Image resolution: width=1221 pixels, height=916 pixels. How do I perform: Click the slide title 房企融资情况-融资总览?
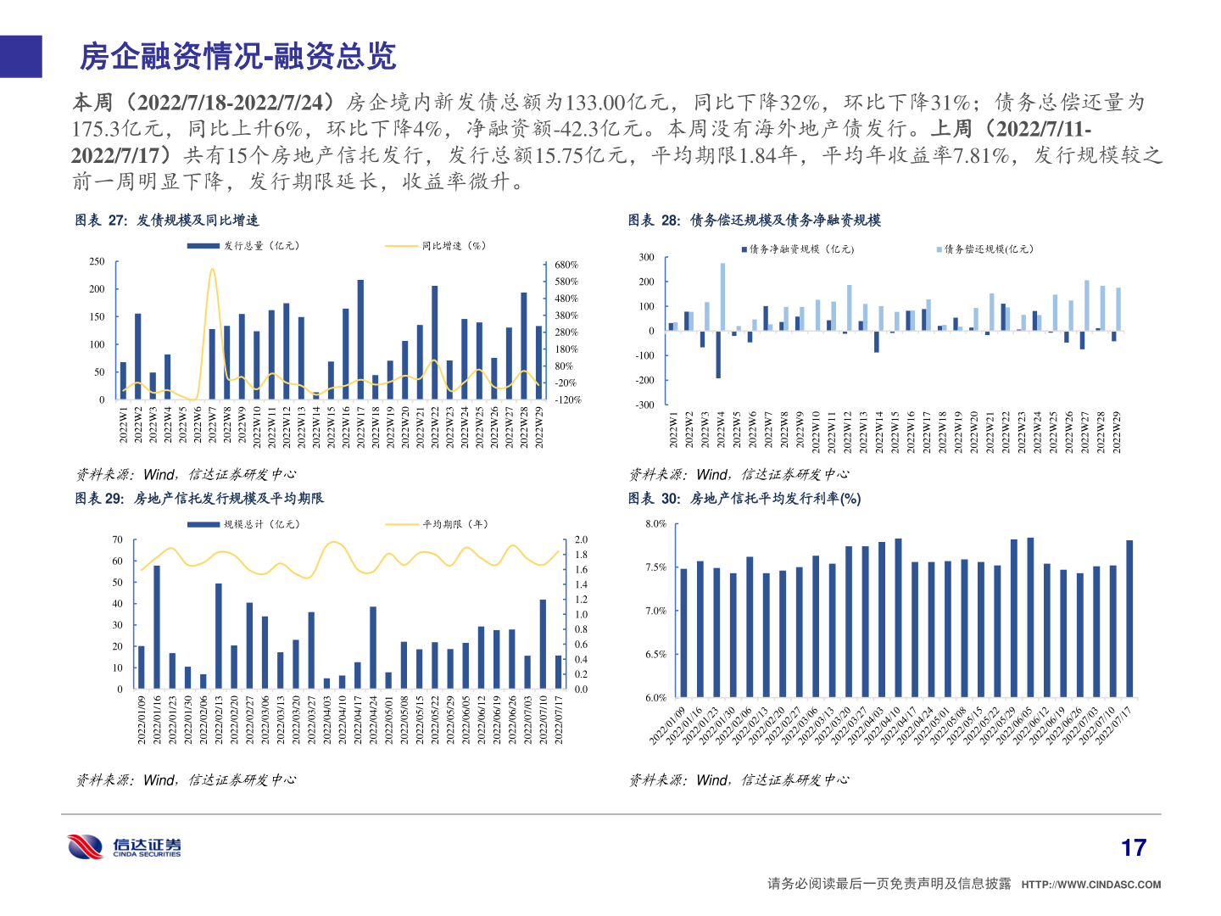click(237, 57)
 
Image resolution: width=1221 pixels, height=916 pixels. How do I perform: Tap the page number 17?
click(1133, 847)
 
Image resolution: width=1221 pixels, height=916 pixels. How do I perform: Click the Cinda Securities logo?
click(125, 846)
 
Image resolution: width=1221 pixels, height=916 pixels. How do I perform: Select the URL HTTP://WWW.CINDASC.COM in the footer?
click(1090, 885)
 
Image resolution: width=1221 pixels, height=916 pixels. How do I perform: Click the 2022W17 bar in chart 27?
click(360, 339)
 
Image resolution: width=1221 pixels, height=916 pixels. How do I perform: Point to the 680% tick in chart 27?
click(566, 265)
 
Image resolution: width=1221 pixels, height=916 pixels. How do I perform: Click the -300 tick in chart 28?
click(646, 405)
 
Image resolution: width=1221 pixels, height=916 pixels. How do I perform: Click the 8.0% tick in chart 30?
click(655, 524)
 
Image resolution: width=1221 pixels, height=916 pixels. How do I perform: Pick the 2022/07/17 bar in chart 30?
click(1129, 618)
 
